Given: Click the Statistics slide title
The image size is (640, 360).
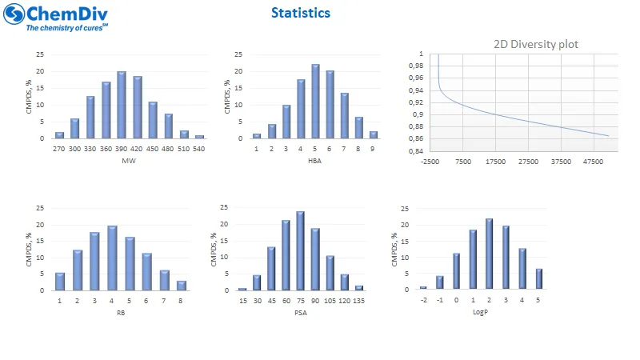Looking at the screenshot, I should tap(300, 13).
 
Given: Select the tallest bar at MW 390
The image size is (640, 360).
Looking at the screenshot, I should tap(122, 105).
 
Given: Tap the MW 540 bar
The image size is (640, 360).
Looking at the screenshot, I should tap(199, 137).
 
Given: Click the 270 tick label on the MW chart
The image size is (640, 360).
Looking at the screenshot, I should tap(59, 149).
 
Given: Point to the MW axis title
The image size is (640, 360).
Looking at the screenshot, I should tap(128, 161).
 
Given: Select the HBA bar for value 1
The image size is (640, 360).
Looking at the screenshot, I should tap(257, 136).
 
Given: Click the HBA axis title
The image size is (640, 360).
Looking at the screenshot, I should tap(315, 161).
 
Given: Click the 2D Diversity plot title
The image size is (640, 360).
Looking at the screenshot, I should tap(535, 45).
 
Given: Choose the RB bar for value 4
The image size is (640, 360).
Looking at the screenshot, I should tap(112, 258).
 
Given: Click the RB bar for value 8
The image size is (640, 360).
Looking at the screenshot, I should tap(182, 286).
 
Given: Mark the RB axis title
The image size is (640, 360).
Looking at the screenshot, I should tap(121, 313).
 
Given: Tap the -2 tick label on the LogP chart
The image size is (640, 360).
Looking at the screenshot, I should tap(423, 301).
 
